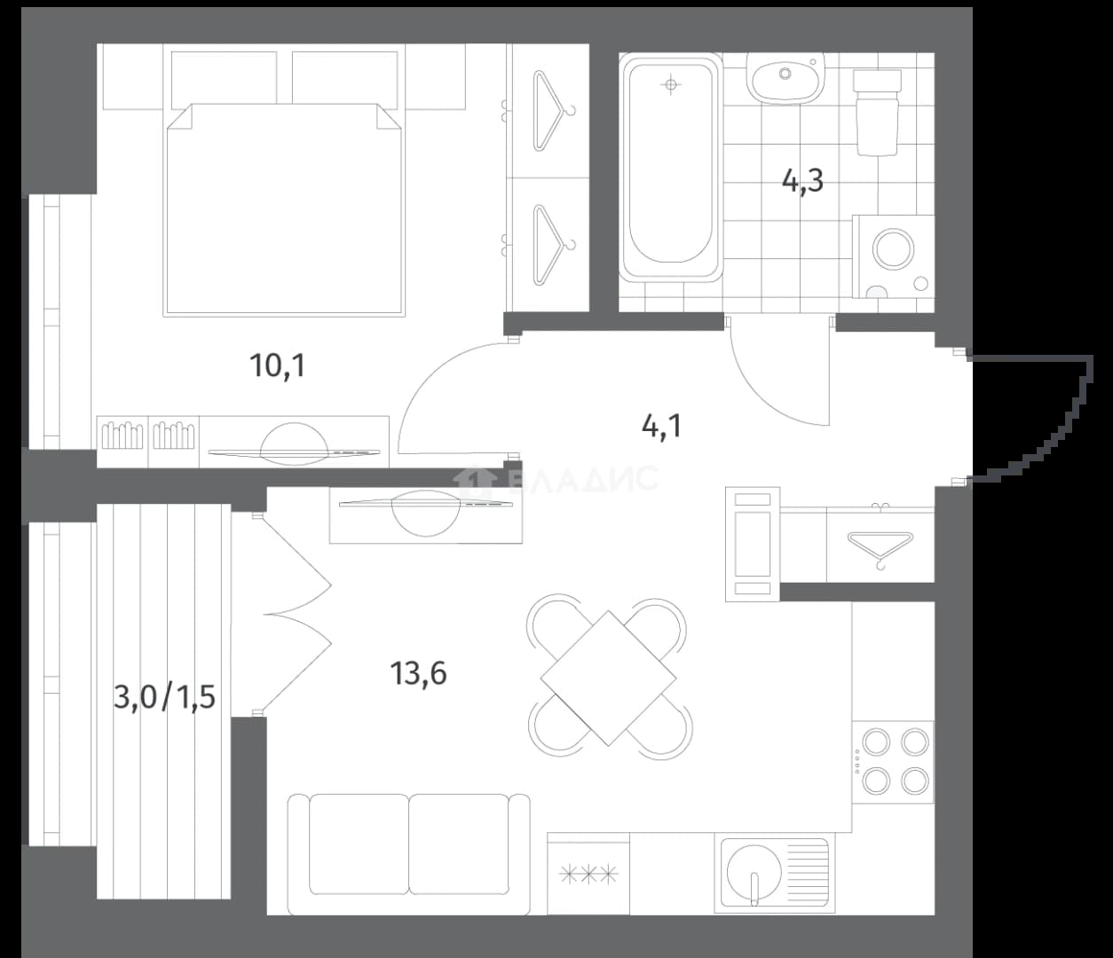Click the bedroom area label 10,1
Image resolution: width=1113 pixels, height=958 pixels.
click(278, 366)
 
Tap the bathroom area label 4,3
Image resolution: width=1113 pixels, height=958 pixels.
click(802, 181)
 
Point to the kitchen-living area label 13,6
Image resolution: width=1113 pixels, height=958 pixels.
click(418, 673)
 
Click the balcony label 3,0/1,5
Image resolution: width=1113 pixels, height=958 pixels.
click(165, 697)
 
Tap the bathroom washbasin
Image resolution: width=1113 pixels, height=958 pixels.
click(785, 79)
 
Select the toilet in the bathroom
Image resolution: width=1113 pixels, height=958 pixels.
click(878, 113)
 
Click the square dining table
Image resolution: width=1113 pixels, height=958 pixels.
click(609, 678)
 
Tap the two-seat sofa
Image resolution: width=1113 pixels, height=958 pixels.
click(408, 854)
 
